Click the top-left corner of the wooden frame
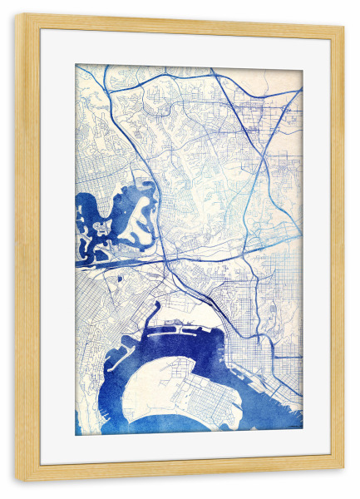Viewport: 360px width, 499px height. tap(17, 17)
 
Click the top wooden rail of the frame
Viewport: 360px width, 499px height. tap(180, 23)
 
